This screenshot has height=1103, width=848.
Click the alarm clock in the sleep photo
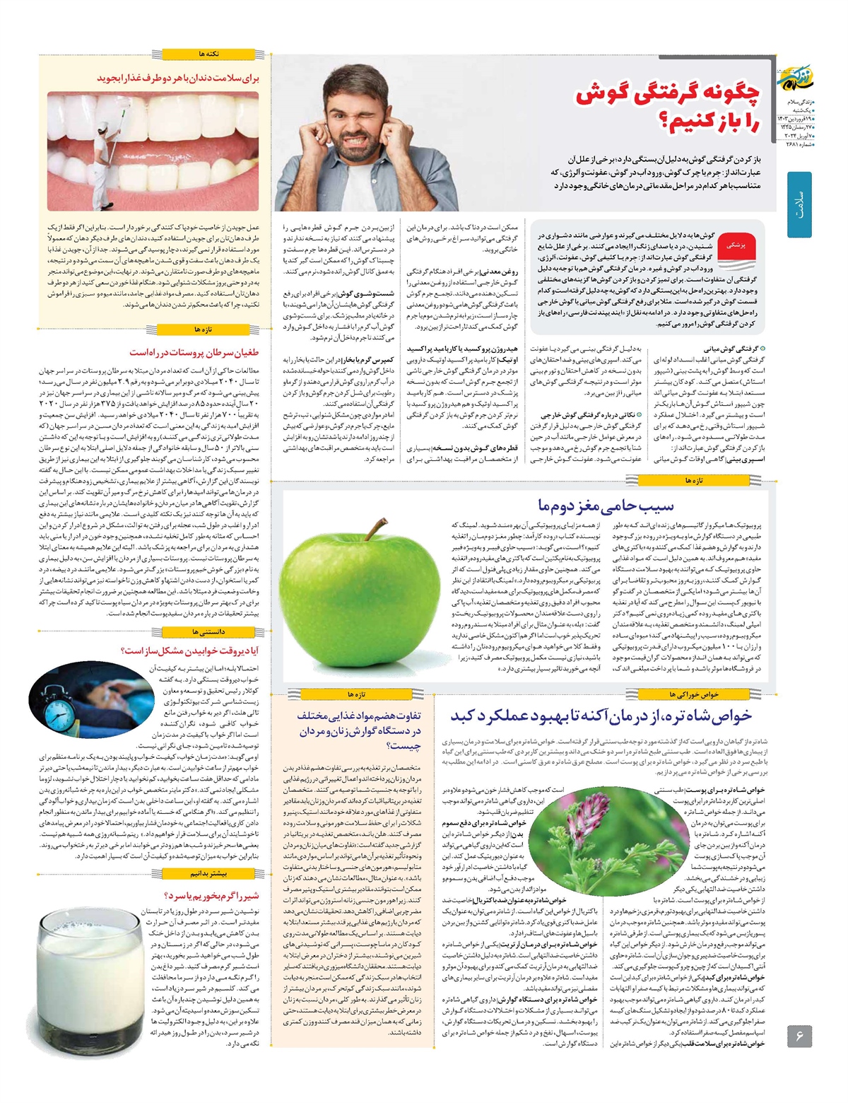click(59, 701)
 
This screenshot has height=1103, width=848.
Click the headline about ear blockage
click(668, 106)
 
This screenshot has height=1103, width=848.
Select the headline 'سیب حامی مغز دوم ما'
click(606, 506)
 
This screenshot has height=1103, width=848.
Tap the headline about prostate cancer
click(194, 352)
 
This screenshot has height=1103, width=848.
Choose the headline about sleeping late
click(191, 650)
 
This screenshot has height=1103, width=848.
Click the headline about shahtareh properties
click(601, 716)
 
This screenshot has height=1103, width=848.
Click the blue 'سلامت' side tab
click(799, 206)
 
